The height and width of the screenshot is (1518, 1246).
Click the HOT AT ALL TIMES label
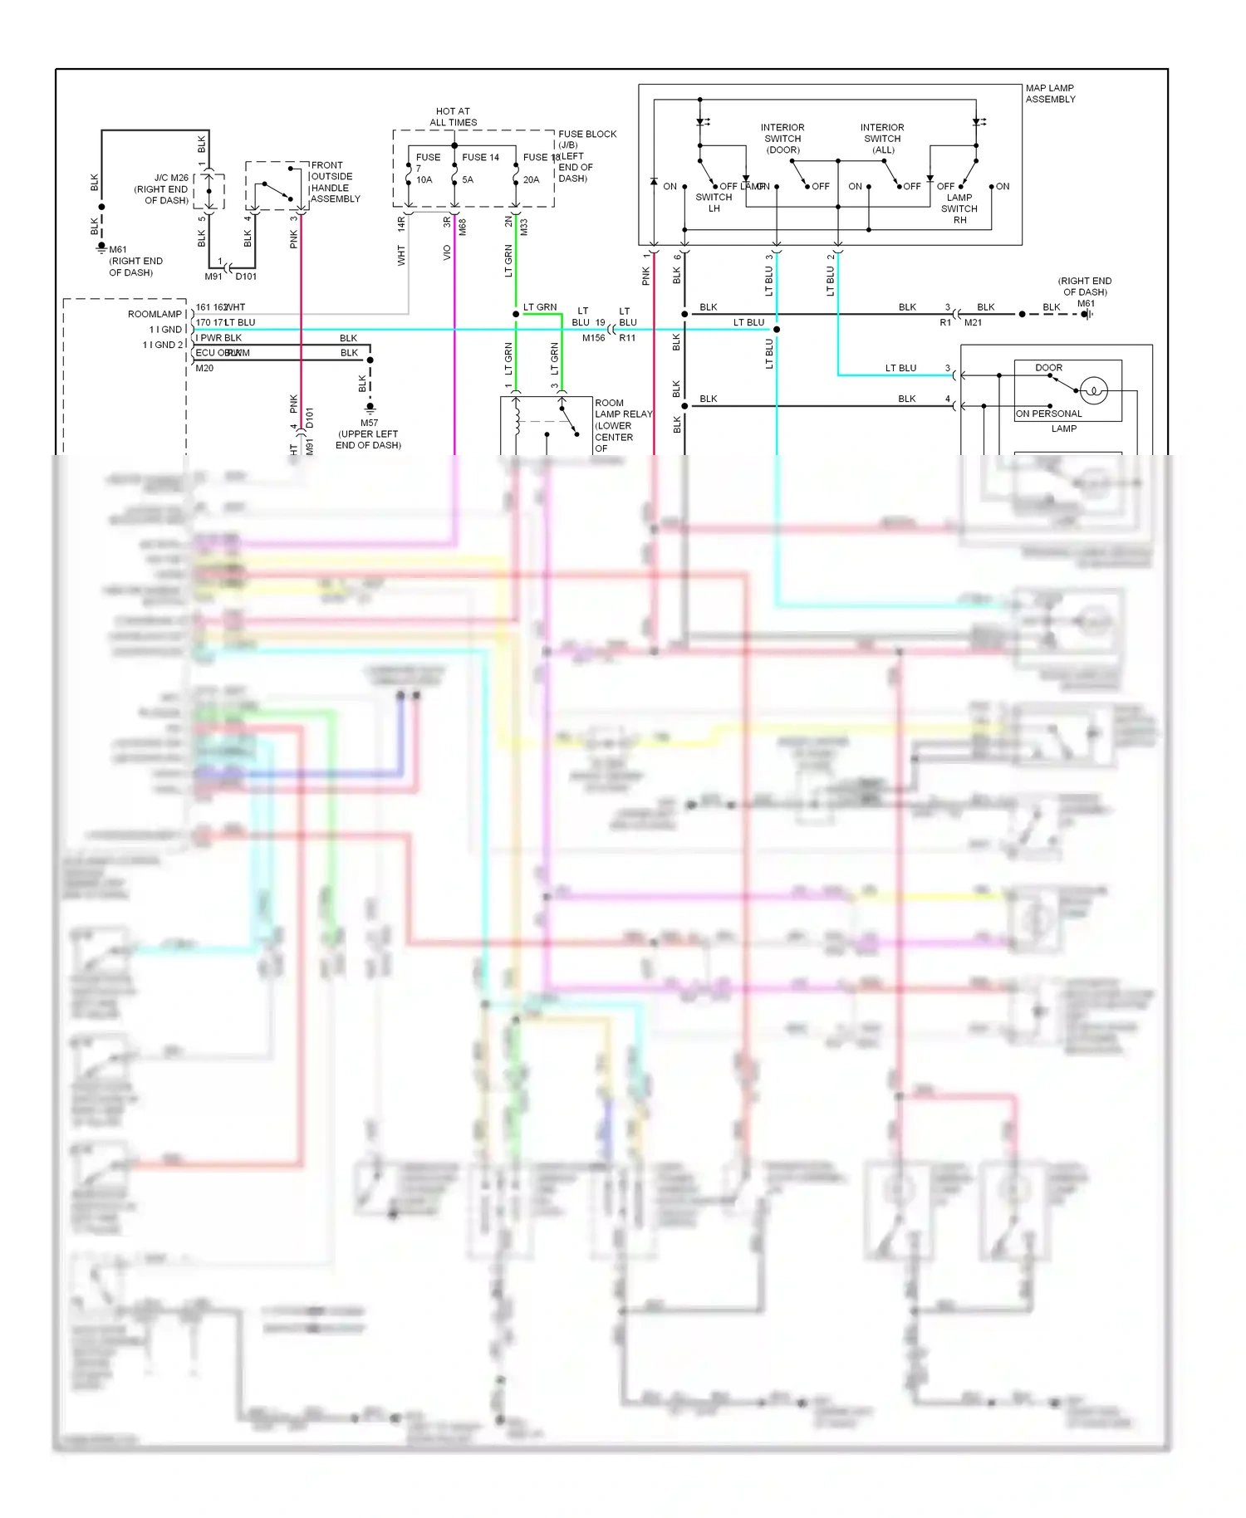453,116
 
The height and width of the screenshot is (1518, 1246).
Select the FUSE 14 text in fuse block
480,157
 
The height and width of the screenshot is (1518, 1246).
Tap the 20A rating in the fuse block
531,179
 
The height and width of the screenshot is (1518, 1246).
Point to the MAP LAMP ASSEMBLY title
1050,93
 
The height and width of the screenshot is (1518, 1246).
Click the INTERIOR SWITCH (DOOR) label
782,139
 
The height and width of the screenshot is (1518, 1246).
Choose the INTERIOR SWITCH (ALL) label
882,139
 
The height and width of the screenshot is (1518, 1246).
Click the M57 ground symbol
370,407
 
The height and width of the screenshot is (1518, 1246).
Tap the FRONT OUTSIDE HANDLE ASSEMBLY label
335,182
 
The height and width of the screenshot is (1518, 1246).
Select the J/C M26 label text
171,178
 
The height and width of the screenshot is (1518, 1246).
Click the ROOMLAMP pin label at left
155,314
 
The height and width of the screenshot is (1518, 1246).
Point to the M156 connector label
593,338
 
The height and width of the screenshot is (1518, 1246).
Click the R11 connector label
627,338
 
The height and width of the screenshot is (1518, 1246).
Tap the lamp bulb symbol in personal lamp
1094,390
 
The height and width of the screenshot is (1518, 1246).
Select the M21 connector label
973,322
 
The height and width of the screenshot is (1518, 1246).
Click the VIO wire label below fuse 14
447,252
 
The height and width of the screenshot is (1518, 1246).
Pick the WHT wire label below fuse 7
401,255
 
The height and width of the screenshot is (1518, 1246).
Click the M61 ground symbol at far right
1086,314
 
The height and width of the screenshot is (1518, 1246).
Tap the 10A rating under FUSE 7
424,179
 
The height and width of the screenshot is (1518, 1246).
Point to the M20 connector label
204,368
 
